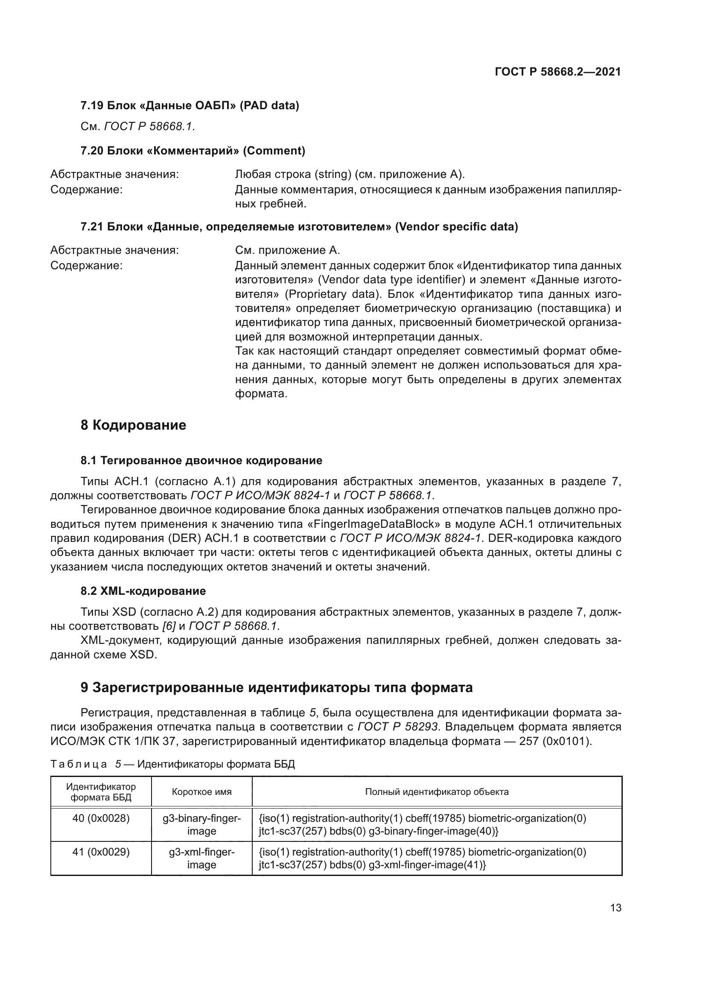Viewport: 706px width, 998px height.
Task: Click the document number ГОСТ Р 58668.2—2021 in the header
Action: pyautogui.click(x=558, y=72)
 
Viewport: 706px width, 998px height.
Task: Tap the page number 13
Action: pyautogui.click(x=616, y=908)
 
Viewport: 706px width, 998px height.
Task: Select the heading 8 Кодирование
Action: pyautogui.click(x=133, y=425)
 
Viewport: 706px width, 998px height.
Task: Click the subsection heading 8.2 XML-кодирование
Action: pyautogui.click(x=143, y=591)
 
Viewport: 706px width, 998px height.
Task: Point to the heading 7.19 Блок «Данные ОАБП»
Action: pyautogui.click(x=190, y=105)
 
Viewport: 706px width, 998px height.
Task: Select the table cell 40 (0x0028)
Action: pyautogui.click(x=101, y=818)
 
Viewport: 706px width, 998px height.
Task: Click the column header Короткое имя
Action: pyautogui.click(x=202, y=792)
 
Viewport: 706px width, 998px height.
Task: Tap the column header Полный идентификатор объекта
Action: pyautogui.click(x=437, y=792)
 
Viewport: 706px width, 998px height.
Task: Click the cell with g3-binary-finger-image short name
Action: pyautogui.click(x=202, y=825)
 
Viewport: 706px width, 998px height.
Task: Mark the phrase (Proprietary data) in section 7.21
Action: pyautogui.click(x=333, y=294)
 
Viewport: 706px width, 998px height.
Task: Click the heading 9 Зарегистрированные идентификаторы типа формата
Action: pyautogui.click(x=277, y=688)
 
